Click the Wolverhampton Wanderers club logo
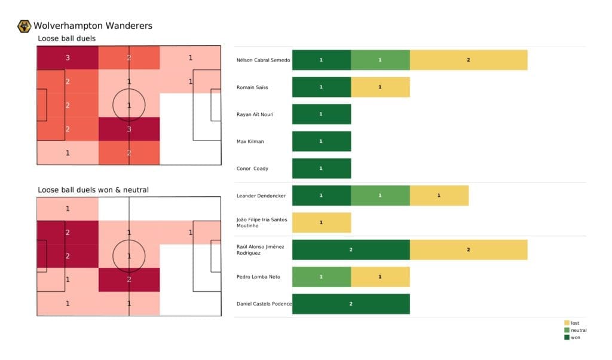[x=25, y=26]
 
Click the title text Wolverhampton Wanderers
[x=93, y=26]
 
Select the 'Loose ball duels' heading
[x=66, y=39]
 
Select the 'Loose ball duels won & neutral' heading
[x=93, y=190]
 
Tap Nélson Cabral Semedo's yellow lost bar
[x=469, y=60]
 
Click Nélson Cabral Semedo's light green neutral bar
[x=380, y=60]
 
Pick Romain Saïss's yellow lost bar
[x=380, y=87]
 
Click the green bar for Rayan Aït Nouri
[x=322, y=114]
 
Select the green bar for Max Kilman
[x=322, y=141]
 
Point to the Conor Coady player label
[x=252, y=169]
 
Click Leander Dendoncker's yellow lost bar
[x=439, y=196]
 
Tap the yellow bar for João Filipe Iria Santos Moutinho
[x=322, y=222]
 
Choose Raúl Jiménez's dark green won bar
[x=351, y=249]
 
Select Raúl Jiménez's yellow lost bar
[x=469, y=249]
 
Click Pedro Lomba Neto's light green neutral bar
[x=322, y=277]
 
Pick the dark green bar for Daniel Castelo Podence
[x=351, y=304]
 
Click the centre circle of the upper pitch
[x=129, y=105]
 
